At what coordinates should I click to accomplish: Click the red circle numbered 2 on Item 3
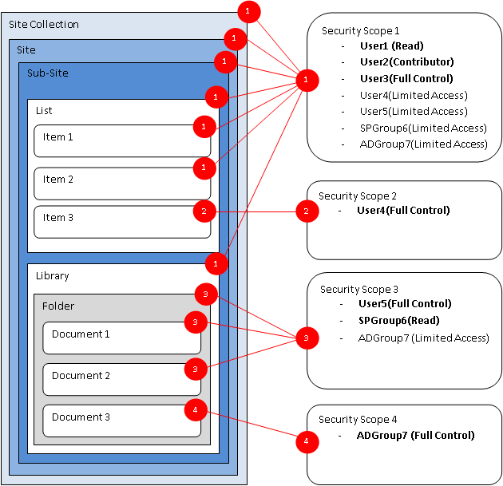(204, 211)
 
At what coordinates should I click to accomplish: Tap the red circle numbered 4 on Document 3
(196, 411)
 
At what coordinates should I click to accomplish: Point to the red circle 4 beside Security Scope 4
(304, 440)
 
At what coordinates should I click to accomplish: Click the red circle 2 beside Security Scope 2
(305, 211)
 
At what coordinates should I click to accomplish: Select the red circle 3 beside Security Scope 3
(306, 338)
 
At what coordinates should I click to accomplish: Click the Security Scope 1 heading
(360, 30)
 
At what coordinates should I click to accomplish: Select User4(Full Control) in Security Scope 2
(403, 211)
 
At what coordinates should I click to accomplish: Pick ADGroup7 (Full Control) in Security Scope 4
(415, 436)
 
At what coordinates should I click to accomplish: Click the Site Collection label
(44, 24)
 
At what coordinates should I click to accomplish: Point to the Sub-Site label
(48, 73)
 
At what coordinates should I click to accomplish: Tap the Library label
(53, 276)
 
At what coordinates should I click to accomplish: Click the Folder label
(58, 306)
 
